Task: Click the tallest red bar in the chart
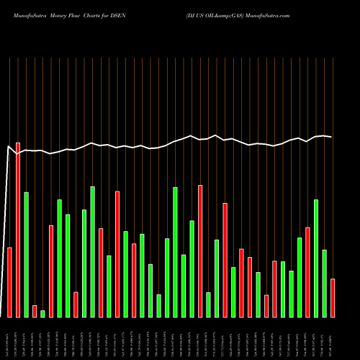pyautogui.click(x=18, y=230)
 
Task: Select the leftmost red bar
pyautogui.click(x=9, y=282)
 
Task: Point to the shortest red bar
pyautogui.click(x=35, y=311)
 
